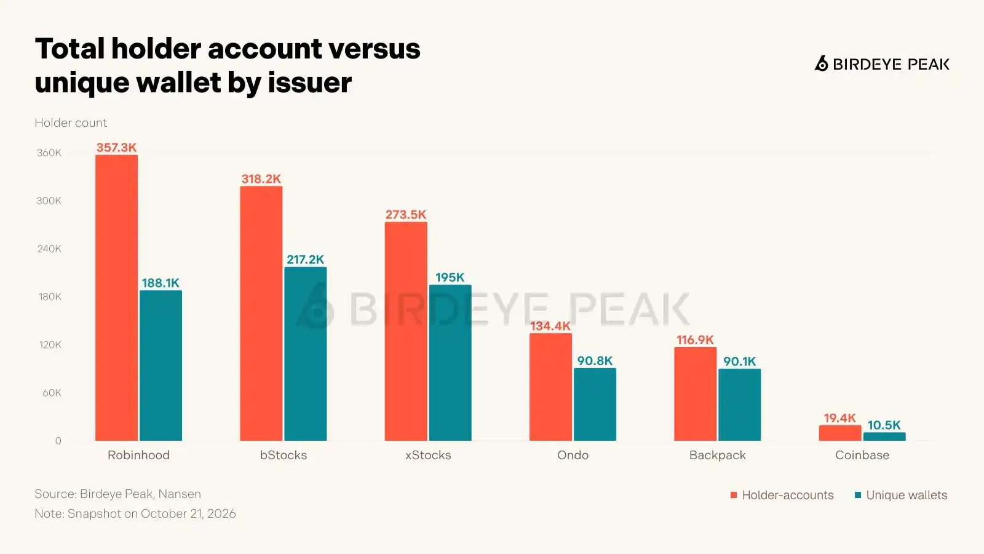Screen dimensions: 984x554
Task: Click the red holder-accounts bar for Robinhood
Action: pyautogui.click(x=116, y=298)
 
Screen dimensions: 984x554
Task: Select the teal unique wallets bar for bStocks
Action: pyautogui.click(x=305, y=354)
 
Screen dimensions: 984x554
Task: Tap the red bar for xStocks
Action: pyautogui.click(x=406, y=332)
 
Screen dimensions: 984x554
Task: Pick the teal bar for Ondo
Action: pyautogui.click(x=595, y=404)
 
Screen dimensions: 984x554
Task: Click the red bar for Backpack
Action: pyautogui.click(x=696, y=394)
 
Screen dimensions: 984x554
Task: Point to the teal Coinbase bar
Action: pyautogui.click(x=884, y=436)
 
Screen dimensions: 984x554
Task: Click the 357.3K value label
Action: pyautogui.click(x=116, y=147)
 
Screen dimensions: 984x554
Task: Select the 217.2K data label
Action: pyautogui.click(x=305, y=259)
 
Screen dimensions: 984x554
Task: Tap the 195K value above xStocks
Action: pyautogui.click(x=450, y=278)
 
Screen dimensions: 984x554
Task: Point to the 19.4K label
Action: pyautogui.click(x=840, y=418)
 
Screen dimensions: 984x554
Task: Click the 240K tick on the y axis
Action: pyautogui.click(x=49, y=249)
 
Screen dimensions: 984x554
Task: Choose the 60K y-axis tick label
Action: pyautogui.click(x=52, y=393)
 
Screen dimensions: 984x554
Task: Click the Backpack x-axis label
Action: pyautogui.click(x=717, y=455)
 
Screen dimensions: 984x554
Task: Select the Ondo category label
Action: pyautogui.click(x=573, y=455)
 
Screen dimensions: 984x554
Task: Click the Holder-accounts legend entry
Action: pyautogui.click(x=782, y=495)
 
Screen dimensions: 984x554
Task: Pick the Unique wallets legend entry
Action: pyautogui.click(x=901, y=495)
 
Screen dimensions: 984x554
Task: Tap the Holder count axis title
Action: pyautogui.click(x=71, y=122)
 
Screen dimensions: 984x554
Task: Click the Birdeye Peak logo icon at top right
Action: pyautogui.click(x=822, y=64)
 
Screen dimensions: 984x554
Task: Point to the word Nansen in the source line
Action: pyautogui.click(x=180, y=494)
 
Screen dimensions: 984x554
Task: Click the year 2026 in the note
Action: pyautogui.click(x=221, y=513)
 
